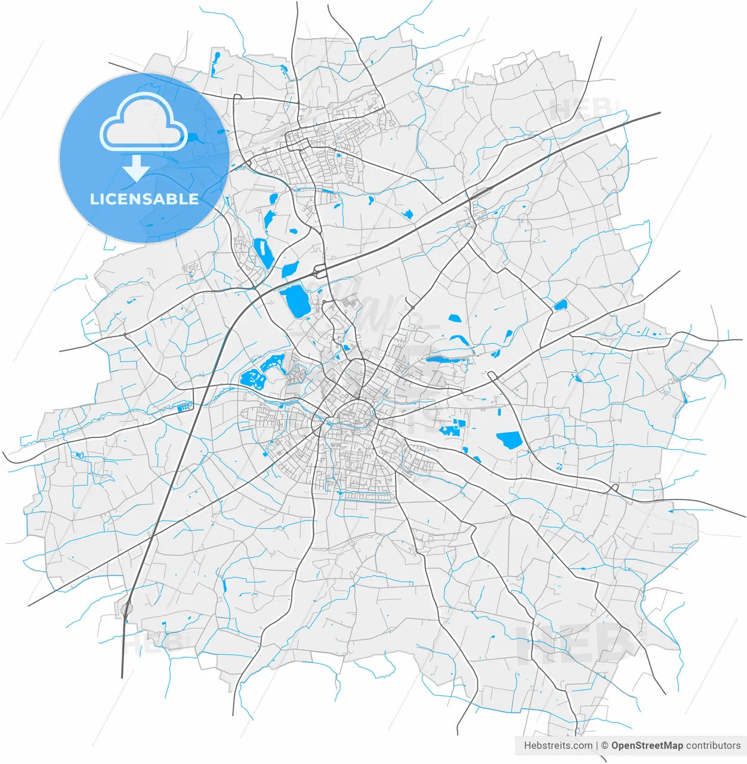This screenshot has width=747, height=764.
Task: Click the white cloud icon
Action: click(144, 122)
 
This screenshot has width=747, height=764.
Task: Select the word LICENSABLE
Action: click(144, 199)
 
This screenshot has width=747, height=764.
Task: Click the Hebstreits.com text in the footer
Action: click(558, 745)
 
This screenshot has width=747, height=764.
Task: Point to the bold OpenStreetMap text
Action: click(647, 745)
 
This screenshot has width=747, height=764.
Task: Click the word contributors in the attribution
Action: click(713, 745)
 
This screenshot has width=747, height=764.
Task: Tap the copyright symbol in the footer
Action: click(604, 745)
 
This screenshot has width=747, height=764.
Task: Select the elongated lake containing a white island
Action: click(262, 252)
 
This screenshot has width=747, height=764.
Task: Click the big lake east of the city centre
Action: click(509, 440)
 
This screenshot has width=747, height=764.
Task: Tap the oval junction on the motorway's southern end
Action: click(126, 609)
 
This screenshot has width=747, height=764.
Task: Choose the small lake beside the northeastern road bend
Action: click(560, 306)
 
